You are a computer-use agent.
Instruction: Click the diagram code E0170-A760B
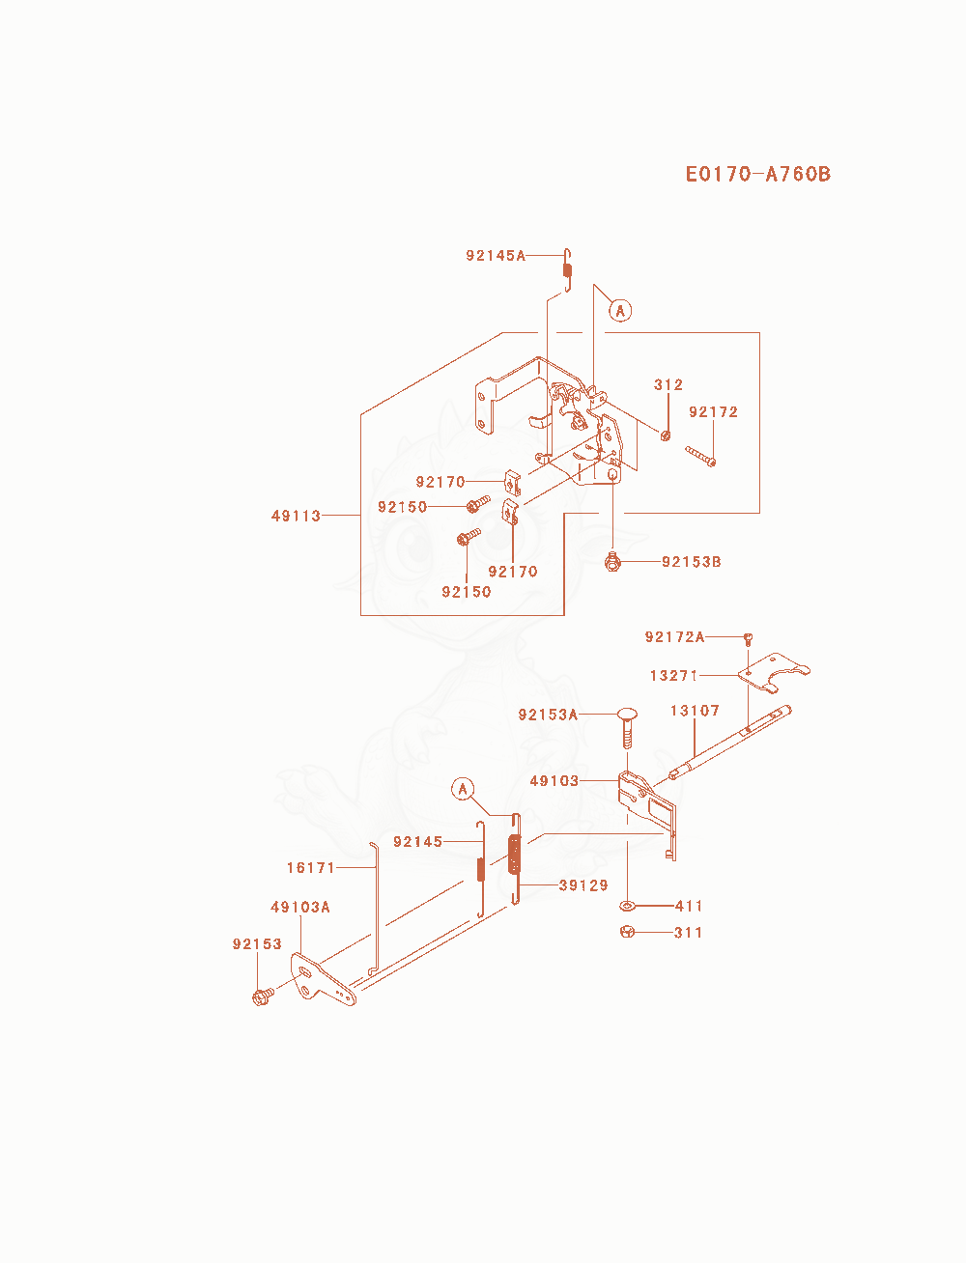[x=757, y=174]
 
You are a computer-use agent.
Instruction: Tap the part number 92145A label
[x=496, y=256]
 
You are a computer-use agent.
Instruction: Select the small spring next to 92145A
[x=568, y=269]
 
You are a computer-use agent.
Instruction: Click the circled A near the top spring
[x=620, y=311]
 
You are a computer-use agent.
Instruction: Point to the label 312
[x=668, y=384]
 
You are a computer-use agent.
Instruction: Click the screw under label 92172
[x=700, y=457]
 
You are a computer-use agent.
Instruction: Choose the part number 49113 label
[x=296, y=516]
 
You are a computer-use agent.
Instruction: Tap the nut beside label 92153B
[x=613, y=561]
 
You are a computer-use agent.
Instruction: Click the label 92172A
[x=674, y=637]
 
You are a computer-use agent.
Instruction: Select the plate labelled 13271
[x=774, y=672]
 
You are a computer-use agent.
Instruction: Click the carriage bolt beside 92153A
[x=627, y=728]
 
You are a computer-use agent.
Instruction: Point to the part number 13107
[x=695, y=711]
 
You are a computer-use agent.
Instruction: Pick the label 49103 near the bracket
[x=554, y=781]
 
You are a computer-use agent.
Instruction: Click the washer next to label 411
[x=628, y=906]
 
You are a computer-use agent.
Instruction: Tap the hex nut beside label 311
[x=628, y=932]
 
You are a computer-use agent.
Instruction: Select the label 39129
[x=583, y=884]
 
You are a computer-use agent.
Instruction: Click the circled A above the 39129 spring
[x=463, y=789]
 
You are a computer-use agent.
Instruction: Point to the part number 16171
[x=311, y=868]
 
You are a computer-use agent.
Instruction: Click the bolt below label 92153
[x=263, y=996]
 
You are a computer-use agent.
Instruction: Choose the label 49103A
[x=300, y=908]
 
